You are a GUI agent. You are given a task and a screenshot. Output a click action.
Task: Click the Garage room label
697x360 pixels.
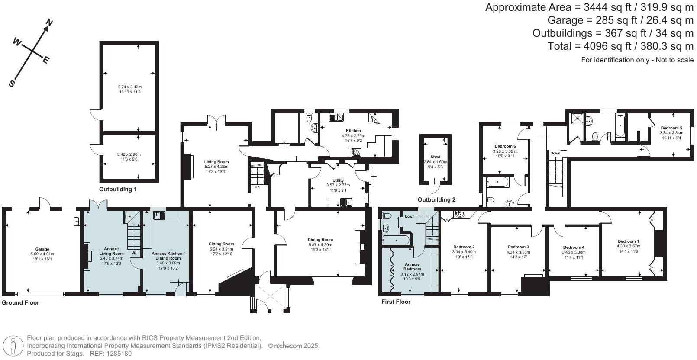[42, 249]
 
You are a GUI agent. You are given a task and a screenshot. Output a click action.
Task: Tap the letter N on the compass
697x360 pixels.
[49, 22]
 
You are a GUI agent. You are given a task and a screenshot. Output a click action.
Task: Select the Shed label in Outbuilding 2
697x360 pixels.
[435, 157]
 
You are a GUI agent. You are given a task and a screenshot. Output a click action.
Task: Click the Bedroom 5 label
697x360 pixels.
[671, 128]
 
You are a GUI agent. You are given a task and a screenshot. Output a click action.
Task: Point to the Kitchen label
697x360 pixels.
[353, 131]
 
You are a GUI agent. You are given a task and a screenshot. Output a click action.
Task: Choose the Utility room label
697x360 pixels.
[338, 180]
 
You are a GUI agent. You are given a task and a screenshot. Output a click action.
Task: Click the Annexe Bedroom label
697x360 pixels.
[412, 267]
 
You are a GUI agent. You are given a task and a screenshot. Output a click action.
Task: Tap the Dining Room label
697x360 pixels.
[320, 240]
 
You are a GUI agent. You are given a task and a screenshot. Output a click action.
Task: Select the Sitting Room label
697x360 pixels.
[222, 244]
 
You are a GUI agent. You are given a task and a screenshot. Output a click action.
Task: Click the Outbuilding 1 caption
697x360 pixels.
[118, 190]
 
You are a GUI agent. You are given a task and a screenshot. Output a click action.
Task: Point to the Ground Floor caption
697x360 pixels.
[20, 303]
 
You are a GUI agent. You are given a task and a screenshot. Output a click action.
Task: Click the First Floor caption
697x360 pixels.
[396, 302]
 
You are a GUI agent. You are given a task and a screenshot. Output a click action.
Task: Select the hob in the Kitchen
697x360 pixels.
[356, 151]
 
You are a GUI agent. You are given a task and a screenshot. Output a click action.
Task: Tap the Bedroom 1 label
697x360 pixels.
[628, 241]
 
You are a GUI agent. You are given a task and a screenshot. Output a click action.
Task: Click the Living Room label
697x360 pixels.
[216, 162]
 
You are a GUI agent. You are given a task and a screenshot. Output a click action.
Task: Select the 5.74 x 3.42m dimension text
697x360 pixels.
[130, 87]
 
